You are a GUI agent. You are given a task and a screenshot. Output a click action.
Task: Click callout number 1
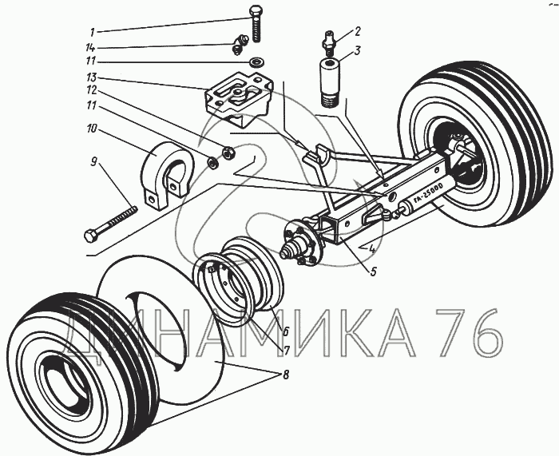click(x=92, y=32)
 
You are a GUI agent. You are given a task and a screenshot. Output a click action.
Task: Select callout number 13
click(x=93, y=78)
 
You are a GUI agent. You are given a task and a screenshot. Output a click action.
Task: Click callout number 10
click(x=92, y=129)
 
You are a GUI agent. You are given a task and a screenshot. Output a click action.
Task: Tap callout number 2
click(x=358, y=32)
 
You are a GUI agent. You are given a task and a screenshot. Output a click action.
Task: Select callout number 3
click(x=359, y=50)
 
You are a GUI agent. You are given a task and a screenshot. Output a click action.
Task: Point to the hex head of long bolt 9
click(x=91, y=236)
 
